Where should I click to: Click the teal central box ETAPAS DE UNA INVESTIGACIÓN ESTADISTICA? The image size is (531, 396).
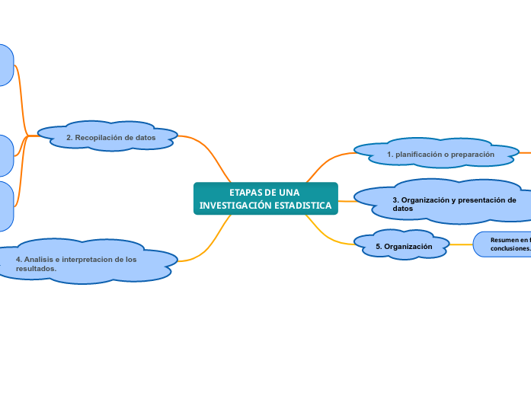(x=265, y=199)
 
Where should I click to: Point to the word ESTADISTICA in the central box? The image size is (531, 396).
(x=303, y=206)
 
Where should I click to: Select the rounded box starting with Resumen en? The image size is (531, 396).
(x=503, y=244)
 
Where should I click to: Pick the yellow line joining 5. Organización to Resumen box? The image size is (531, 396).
(x=461, y=244)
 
